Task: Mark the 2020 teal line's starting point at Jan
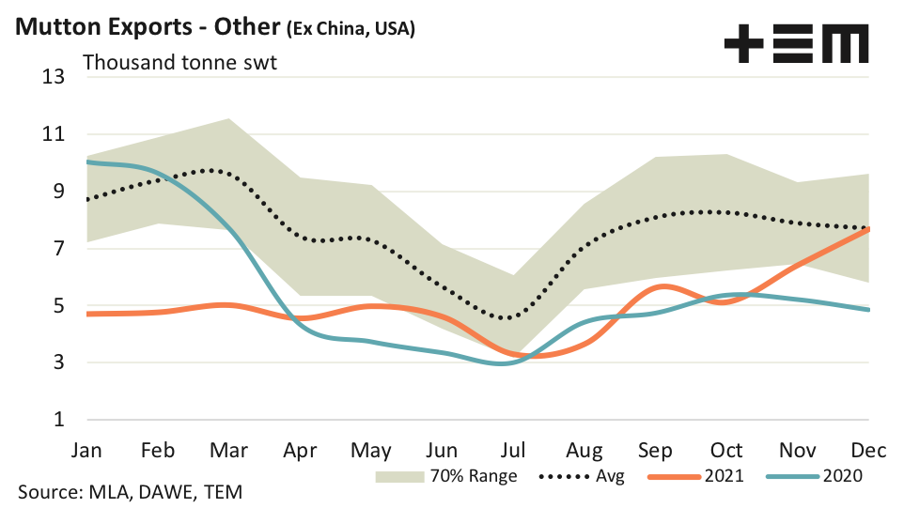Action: click(88, 162)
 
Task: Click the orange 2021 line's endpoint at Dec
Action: click(868, 229)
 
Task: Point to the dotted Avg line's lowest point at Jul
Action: click(507, 318)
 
